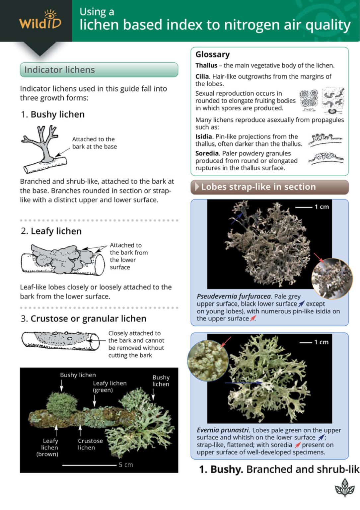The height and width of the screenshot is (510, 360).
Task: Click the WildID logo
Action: tap(40, 20)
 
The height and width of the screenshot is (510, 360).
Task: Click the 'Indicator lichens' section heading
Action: tap(59, 70)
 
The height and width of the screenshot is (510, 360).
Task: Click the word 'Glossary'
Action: tap(212, 54)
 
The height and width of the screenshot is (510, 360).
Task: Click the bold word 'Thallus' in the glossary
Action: tap(206, 65)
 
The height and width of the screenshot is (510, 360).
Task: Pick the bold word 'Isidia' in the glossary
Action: tap(203, 136)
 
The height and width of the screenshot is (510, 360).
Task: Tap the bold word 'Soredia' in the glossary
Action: tap(207, 153)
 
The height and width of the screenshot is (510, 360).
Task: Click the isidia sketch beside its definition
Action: tap(325, 139)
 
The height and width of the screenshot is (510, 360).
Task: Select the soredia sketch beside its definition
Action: tap(325, 158)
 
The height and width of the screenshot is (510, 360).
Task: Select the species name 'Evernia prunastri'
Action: tap(222, 430)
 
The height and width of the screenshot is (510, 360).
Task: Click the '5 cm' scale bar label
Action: tap(126, 465)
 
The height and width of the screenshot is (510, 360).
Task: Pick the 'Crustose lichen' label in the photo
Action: tap(90, 444)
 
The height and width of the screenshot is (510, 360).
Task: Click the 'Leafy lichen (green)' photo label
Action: tap(109, 386)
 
